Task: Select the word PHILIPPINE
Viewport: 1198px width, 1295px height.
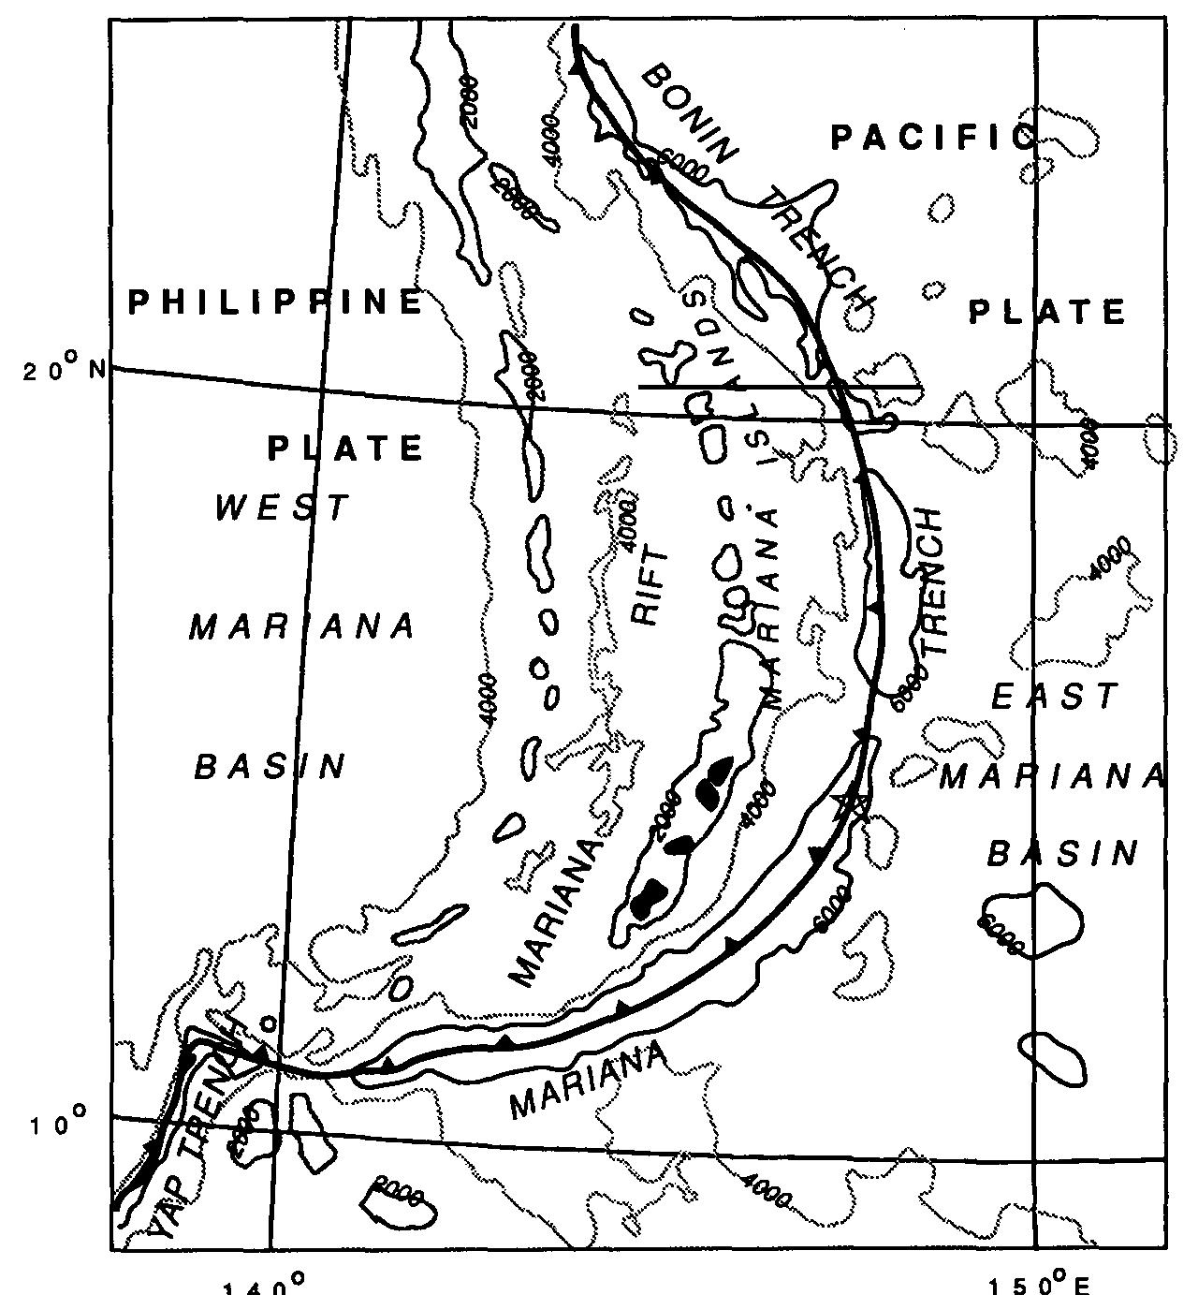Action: pos(275,302)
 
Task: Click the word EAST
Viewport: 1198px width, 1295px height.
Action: pos(1055,696)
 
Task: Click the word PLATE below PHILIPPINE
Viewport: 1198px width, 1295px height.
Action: pos(345,449)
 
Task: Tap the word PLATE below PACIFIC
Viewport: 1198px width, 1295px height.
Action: pos(1046,312)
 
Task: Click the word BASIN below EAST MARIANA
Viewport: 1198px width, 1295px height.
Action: pos(1064,853)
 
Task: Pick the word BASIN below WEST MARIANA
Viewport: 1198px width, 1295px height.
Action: pos(270,766)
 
